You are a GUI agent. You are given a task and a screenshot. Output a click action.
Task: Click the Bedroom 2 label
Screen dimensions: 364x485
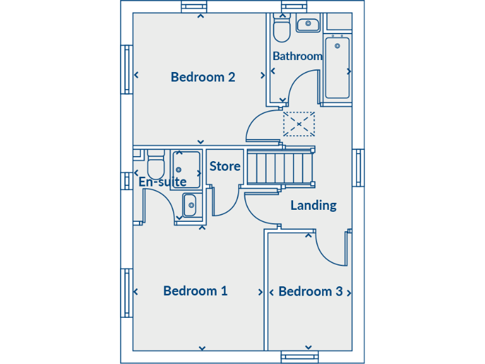coord(203,77)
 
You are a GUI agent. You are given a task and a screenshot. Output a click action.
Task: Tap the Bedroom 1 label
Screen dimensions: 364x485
coord(195,291)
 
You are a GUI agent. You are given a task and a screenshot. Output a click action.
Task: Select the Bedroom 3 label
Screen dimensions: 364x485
coord(310,291)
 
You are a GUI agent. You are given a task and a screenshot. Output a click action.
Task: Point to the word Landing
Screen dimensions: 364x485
coord(313,205)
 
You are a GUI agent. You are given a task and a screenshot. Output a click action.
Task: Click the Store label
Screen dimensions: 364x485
coord(225,166)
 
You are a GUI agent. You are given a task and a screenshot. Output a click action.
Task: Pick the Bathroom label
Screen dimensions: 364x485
coord(297,56)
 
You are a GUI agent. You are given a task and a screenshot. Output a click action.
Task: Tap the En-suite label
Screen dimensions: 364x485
coord(162,182)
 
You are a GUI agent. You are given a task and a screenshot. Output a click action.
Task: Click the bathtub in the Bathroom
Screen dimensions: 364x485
coord(337,68)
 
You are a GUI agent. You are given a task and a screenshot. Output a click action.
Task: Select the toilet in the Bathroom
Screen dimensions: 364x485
coord(281,29)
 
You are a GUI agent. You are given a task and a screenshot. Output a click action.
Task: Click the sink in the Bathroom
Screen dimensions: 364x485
coord(308,25)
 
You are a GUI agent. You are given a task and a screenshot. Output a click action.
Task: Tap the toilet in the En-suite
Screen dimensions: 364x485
coord(155,166)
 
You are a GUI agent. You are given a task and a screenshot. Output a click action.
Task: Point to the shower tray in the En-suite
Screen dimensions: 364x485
coord(186,169)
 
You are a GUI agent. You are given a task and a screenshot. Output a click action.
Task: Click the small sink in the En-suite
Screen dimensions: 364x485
coord(189,205)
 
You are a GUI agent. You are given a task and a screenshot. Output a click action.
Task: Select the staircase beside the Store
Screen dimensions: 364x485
coord(280,167)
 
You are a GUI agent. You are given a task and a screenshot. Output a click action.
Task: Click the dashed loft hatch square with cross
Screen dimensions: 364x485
coord(299,124)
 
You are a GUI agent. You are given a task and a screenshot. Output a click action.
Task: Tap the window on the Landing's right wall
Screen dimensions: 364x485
coord(358,168)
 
